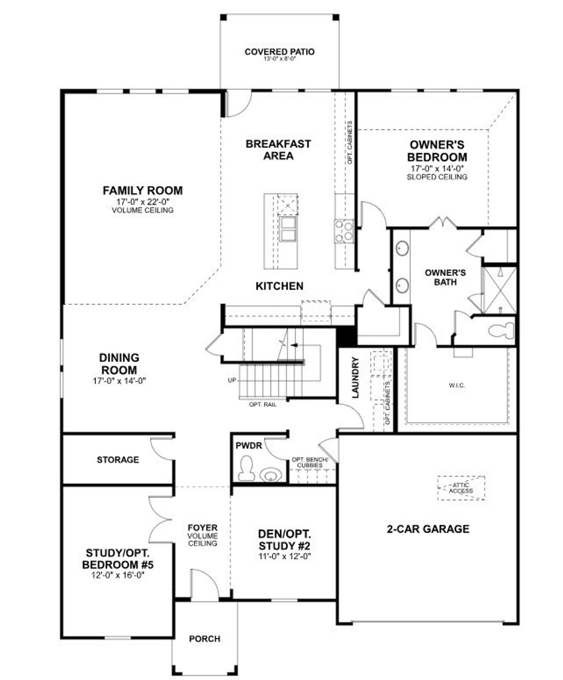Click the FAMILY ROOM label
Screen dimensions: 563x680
pyautogui.click(x=143, y=191)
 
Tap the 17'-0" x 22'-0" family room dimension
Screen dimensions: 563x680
pyautogui.click(x=143, y=202)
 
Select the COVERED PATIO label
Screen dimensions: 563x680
pyautogui.click(x=280, y=52)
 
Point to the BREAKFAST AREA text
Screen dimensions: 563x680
pyautogui.click(x=278, y=150)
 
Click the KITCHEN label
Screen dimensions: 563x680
pyautogui.click(x=279, y=286)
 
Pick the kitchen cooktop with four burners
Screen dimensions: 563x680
pyautogui.click(x=344, y=231)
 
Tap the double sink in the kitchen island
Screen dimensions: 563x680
pyautogui.click(x=287, y=229)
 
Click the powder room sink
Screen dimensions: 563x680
pyautogui.click(x=271, y=475)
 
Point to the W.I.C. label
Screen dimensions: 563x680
pyautogui.click(x=457, y=385)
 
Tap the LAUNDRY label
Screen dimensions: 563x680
pyautogui.click(x=355, y=378)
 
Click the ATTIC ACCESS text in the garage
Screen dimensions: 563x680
pyautogui.click(x=461, y=488)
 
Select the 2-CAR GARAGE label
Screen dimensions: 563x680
pyautogui.click(x=428, y=529)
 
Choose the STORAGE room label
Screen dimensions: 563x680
pyautogui.click(x=118, y=459)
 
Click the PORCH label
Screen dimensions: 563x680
pyautogui.click(x=205, y=639)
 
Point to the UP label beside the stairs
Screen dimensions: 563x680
pyautogui.click(x=232, y=380)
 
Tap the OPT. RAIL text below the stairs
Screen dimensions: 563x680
pyautogui.click(x=263, y=404)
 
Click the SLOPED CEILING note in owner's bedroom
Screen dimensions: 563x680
pyautogui.click(x=437, y=177)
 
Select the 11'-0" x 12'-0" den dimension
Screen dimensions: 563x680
pyautogui.click(x=285, y=557)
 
